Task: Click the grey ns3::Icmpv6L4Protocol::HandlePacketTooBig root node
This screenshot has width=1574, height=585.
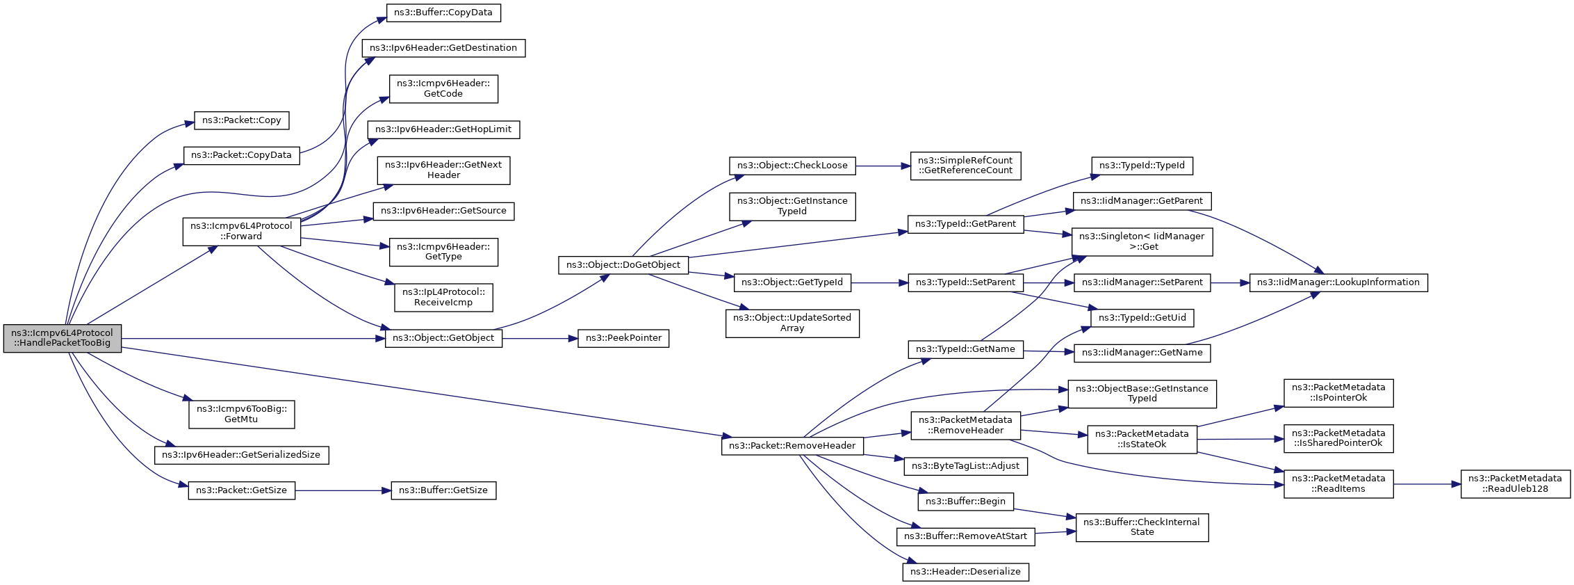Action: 62,338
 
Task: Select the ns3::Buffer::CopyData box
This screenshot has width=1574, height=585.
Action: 443,13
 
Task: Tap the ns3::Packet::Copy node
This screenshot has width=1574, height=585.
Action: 241,120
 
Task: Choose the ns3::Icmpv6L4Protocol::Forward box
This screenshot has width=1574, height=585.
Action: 241,231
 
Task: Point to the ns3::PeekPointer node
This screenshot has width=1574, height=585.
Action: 623,338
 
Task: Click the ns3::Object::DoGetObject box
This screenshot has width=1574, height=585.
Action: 623,265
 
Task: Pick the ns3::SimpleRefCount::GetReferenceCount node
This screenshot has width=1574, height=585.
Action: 965,166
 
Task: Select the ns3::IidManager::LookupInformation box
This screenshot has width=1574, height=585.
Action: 1338,282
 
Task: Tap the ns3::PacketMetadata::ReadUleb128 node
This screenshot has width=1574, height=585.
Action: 1515,483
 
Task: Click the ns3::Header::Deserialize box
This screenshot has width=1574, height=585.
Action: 965,572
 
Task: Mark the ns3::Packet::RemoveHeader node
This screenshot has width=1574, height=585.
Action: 792,446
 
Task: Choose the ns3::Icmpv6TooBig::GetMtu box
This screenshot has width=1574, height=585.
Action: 241,414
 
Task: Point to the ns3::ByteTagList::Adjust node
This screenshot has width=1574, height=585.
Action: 965,466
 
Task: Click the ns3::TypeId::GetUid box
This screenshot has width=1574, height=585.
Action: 1142,318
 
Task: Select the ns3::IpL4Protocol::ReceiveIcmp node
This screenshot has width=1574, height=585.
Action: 443,297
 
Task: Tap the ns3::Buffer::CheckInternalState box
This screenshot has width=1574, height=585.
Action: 1142,527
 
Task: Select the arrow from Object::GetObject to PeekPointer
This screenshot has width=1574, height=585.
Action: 539,339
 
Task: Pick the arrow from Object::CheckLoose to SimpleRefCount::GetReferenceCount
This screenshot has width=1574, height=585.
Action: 883,166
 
